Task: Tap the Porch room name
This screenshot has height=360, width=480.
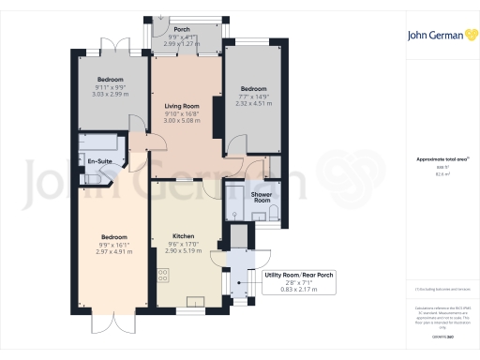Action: tap(182, 30)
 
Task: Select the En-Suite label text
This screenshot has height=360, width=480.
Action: tap(100, 163)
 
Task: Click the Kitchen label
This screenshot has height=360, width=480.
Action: tap(182, 236)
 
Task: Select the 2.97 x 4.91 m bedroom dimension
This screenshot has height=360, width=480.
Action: tap(110, 251)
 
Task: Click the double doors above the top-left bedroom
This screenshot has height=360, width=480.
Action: tap(112, 45)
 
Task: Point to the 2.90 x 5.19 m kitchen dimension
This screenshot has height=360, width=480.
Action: tap(182, 251)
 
